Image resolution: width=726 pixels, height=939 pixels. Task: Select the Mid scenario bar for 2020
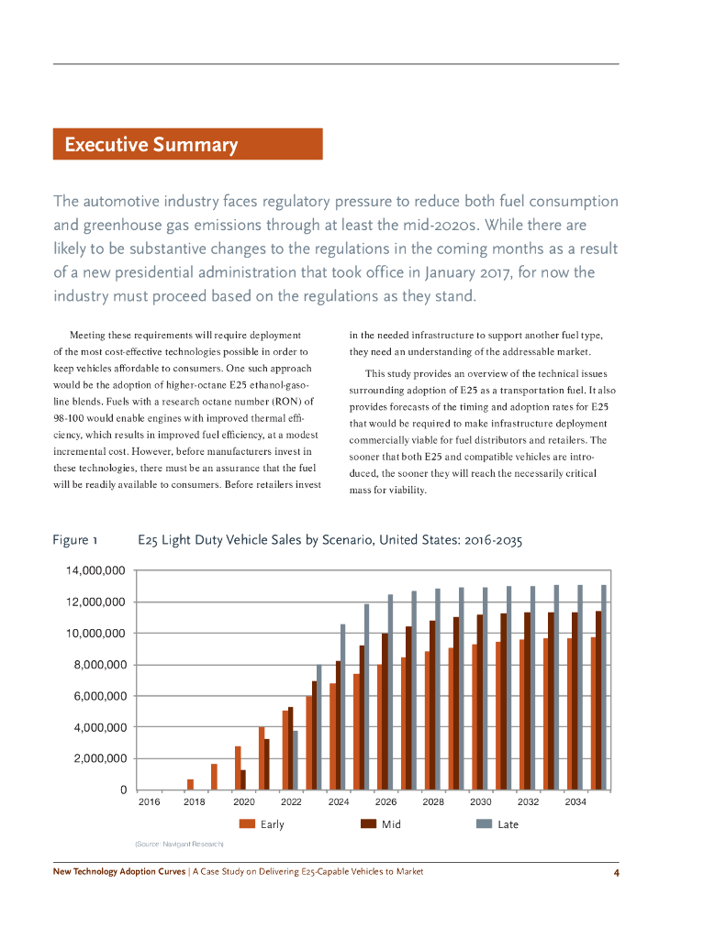[x=243, y=779]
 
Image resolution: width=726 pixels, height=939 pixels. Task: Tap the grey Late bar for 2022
[x=296, y=759]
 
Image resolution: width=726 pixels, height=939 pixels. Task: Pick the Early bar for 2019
[x=214, y=776]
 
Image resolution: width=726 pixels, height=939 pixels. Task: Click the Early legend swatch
[x=246, y=823]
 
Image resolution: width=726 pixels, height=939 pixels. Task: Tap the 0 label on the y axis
[x=120, y=790]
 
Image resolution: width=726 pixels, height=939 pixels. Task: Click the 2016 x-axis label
[x=148, y=802]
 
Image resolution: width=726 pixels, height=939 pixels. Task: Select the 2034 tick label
[x=575, y=802]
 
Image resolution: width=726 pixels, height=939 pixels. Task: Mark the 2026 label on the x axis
[x=385, y=802]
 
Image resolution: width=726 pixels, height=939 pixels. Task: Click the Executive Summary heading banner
[x=187, y=145]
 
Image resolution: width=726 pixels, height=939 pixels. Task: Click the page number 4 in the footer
[x=617, y=871]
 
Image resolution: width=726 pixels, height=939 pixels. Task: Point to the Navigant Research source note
[x=179, y=843]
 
